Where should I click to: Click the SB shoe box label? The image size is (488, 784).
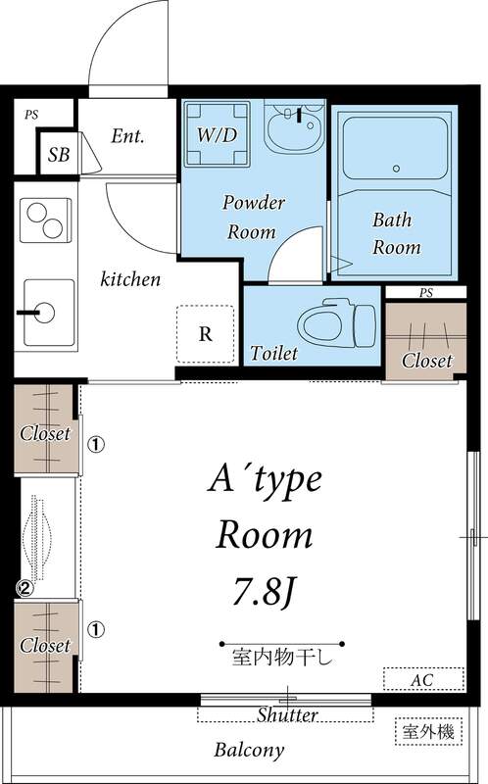pyautogui.click(x=58, y=155)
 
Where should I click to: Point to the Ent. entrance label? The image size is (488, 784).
pyautogui.click(x=127, y=136)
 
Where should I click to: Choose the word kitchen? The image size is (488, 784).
pyautogui.click(x=130, y=279)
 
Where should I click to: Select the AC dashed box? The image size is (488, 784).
pyautogui.click(x=423, y=679)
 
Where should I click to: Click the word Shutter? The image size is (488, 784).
pyautogui.click(x=287, y=715)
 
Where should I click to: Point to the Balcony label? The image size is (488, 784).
pyautogui.click(x=249, y=751)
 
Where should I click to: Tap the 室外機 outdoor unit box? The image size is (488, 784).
pyautogui.click(x=426, y=731)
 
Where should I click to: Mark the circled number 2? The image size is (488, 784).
pyautogui.click(x=24, y=589)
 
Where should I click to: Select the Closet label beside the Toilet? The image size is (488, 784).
pyautogui.click(x=426, y=361)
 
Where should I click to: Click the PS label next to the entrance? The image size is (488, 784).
pyautogui.click(x=31, y=115)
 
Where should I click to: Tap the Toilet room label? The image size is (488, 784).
pyautogui.click(x=273, y=352)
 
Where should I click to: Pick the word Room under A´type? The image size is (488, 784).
pyautogui.click(x=263, y=535)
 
